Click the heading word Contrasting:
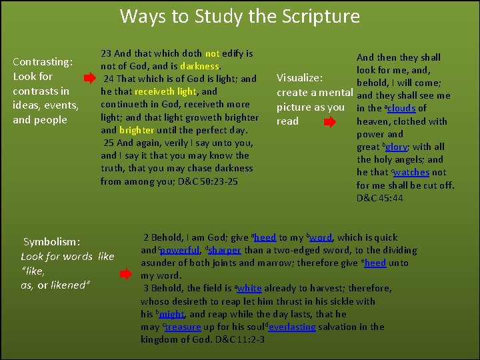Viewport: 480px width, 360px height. pos(43,62)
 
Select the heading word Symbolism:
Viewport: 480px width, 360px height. pos(51,242)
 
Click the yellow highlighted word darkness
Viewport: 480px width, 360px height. pos(199,66)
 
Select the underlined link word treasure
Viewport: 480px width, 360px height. pos(183,327)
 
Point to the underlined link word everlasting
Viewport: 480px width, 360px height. pos(287,327)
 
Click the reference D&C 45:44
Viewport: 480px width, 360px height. pos(379,198)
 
